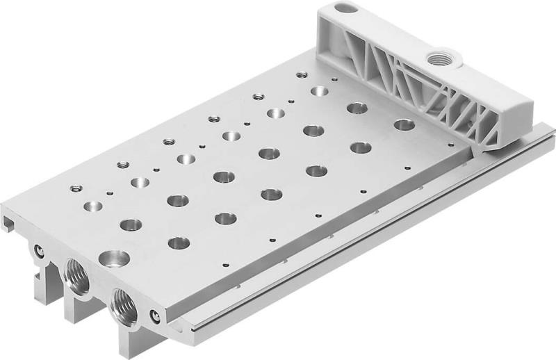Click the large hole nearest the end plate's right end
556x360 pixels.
pyautogui.click(x=404, y=125)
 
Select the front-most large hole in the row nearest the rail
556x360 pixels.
pyautogui.click(x=179, y=243)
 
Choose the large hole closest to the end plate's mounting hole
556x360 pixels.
pyautogui.click(x=320, y=91)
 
